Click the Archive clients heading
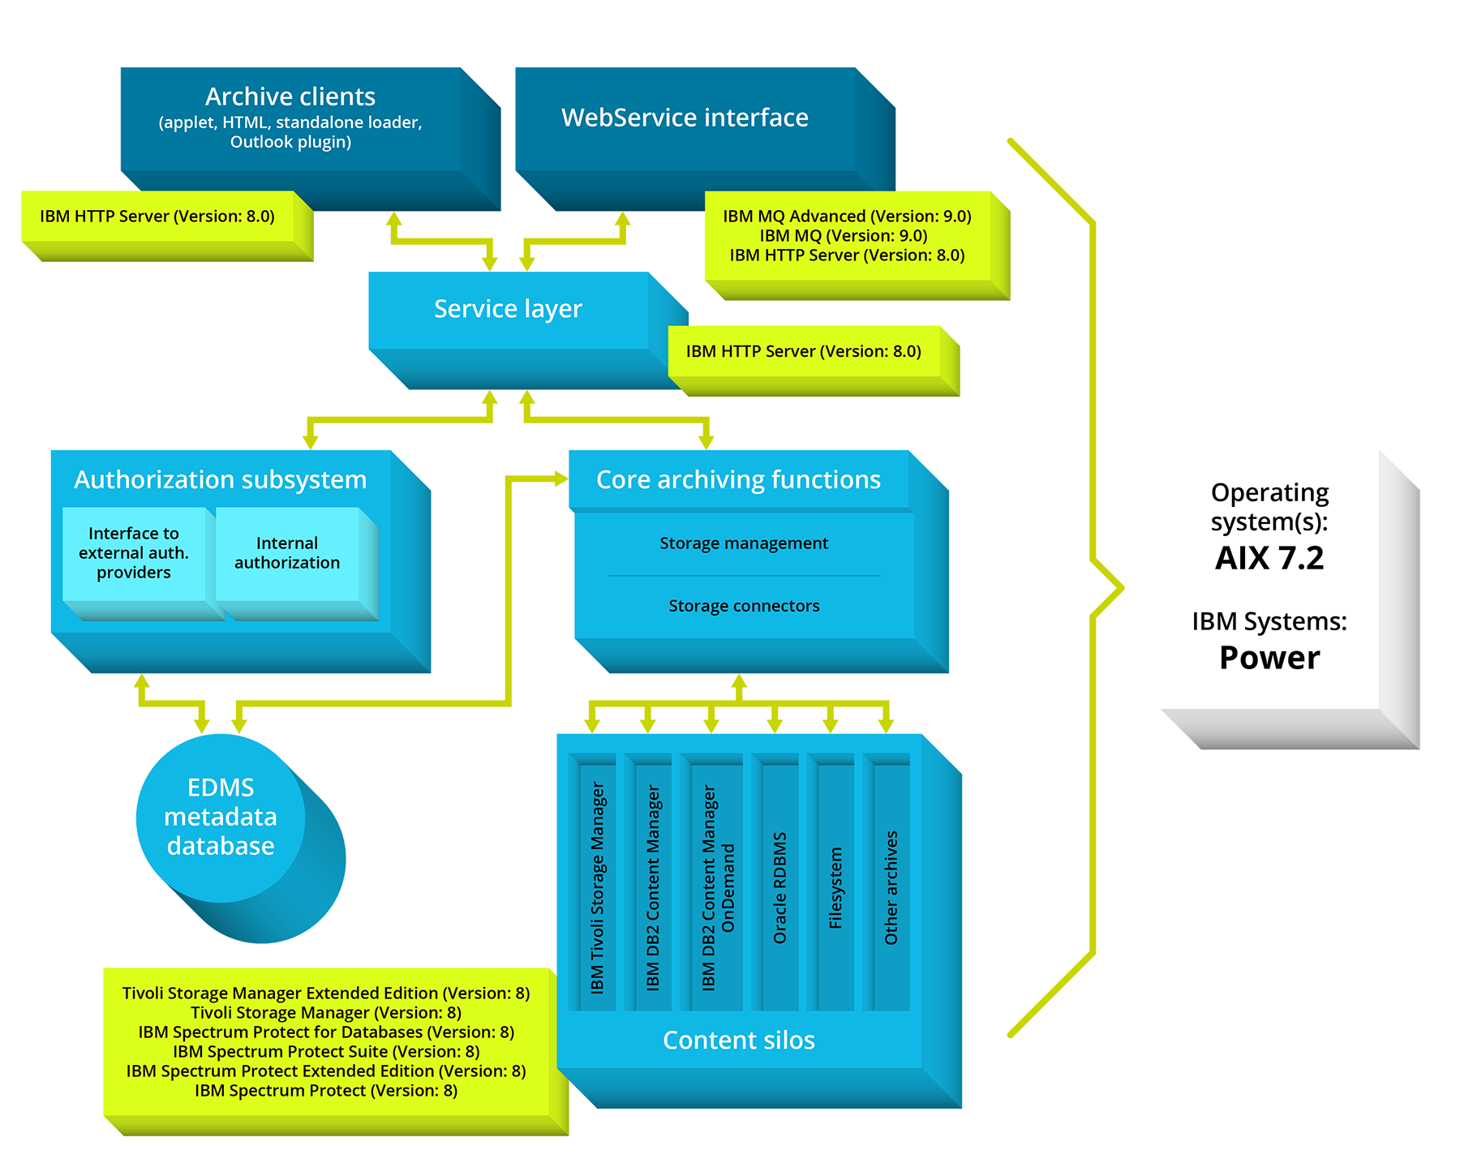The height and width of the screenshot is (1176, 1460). click(x=290, y=97)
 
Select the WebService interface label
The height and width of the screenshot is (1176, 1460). click(x=685, y=118)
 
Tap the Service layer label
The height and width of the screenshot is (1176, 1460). click(x=508, y=309)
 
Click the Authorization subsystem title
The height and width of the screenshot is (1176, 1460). click(x=220, y=479)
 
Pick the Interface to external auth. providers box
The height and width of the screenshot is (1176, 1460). click(x=134, y=553)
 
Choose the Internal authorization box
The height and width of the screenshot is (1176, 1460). click(x=287, y=553)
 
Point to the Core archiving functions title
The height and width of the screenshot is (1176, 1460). click(x=738, y=479)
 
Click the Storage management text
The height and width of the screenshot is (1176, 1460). click(x=744, y=543)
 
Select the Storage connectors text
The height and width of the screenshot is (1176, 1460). click(x=744, y=606)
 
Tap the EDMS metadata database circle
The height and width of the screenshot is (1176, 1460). click(x=221, y=817)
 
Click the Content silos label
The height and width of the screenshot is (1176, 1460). click(x=738, y=1041)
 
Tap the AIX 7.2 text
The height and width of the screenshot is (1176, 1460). click(x=1269, y=558)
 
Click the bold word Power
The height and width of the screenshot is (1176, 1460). click(x=1269, y=658)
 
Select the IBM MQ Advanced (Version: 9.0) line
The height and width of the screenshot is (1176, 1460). click(x=847, y=217)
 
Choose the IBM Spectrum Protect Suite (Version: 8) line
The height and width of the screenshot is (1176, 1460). click(x=326, y=1052)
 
